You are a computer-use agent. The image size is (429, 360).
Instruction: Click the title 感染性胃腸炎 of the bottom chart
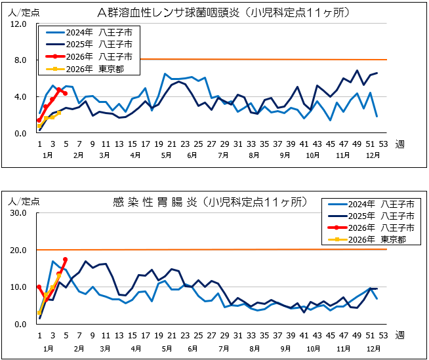click(152, 203)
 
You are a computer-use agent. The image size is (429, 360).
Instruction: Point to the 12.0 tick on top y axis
click(17, 24)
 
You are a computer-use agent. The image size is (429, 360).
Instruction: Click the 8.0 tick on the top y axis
click(19, 60)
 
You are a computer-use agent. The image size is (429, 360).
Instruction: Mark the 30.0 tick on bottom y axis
click(17, 213)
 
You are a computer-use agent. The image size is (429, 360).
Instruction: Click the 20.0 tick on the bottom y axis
click(17, 250)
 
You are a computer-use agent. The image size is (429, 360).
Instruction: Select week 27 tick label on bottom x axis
click(211, 335)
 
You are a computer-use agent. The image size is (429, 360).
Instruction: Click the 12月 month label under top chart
click(372, 156)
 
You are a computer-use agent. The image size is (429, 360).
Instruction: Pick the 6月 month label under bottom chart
click(192, 347)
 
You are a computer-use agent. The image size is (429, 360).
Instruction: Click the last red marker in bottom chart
click(65, 260)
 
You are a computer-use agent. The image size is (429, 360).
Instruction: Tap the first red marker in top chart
click(39, 120)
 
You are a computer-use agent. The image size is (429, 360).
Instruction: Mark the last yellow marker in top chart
click(59, 113)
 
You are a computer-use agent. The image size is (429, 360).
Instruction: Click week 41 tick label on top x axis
click(304, 144)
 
